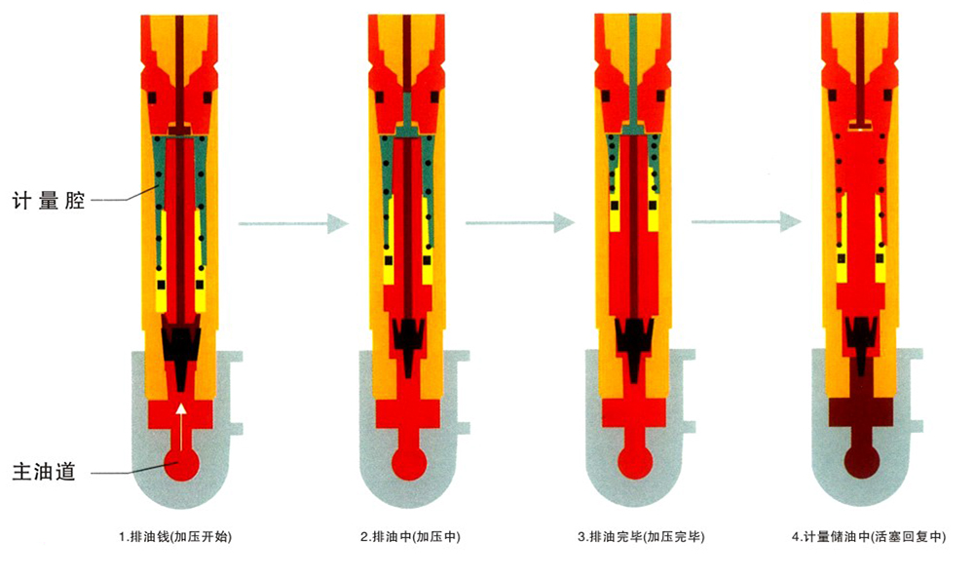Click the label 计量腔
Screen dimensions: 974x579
pyautogui.click(x=49, y=200)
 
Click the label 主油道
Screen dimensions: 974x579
pyautogui.click(x=44, y=472)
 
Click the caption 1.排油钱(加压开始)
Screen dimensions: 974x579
pyautogui.click(x=175, y=536)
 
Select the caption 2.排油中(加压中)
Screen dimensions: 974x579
pyautogui.click(x=411, y=536)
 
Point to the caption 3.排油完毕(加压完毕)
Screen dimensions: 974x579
pyautogui.click(x=641, y=536)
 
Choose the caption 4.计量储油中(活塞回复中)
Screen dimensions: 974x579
pyautogui.click(x=869, y=536)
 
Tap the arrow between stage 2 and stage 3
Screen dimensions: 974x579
pyautogui.click(x=520, y=222)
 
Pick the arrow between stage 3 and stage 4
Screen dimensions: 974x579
pyautogui.click(x=747, y=221)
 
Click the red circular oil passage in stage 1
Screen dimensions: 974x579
pyautogui.click(x=181, y=464)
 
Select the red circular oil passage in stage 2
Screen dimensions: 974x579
pyautogui.click(x=409, y=463)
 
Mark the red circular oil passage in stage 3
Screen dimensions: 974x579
pyautogui.click(x=635, y=463)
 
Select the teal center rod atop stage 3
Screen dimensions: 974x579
pyautogui.click(x=634, y=69)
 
